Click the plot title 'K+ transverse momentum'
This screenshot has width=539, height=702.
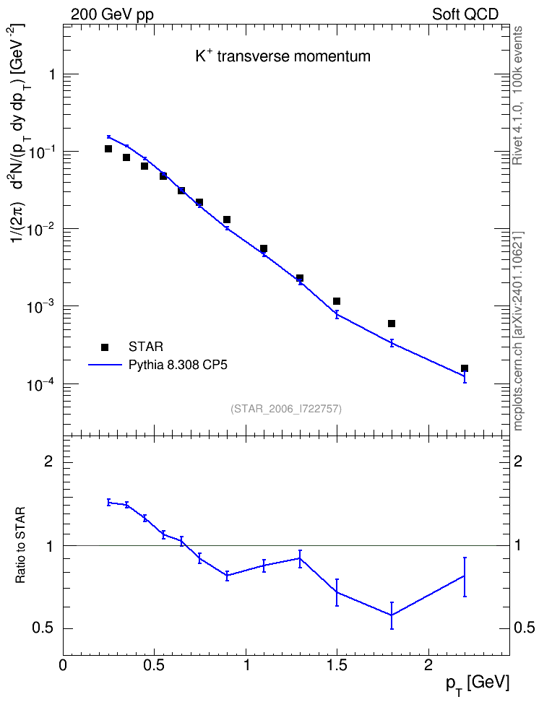coord(283,56)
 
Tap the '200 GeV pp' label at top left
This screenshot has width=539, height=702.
coord(112,14)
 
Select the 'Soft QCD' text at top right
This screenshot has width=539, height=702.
coord(465,14)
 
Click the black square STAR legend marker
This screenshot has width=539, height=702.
coord(105,347)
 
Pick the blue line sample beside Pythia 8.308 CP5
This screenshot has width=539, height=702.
coord(105,365)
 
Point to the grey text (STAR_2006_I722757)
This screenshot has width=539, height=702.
coord(286,409)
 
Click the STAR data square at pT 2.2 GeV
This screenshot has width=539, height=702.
coord(465,368)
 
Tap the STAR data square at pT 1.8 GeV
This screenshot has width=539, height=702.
coord(392,324)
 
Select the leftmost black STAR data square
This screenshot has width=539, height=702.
coord(108,149)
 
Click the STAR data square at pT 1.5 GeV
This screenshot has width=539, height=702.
coord(337,301)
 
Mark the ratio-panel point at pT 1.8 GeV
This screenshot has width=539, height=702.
coord(392,615)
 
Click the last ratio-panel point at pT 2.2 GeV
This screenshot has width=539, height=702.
coord(465,576)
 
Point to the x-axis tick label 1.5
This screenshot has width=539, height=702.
coord(337,665)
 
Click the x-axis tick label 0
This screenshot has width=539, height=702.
coord(63,665)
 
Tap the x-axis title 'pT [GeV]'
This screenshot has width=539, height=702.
coord(477,685)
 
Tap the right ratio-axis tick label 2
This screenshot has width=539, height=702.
coord(518,461)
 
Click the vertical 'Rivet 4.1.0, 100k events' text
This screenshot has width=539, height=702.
coord(517,95)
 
